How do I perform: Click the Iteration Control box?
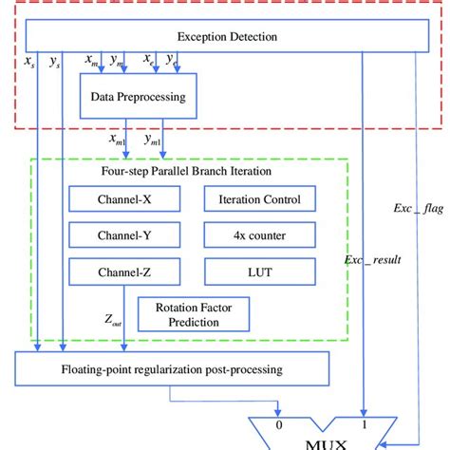click(259, 199)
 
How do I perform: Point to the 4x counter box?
click(259, 235)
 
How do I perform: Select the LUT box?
click(259, 272)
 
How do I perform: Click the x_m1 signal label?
click(121, 140)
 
